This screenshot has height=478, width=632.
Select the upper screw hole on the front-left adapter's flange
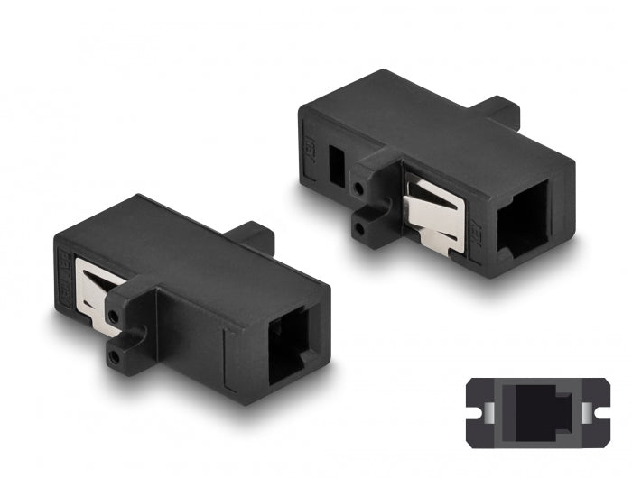(114, 316)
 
